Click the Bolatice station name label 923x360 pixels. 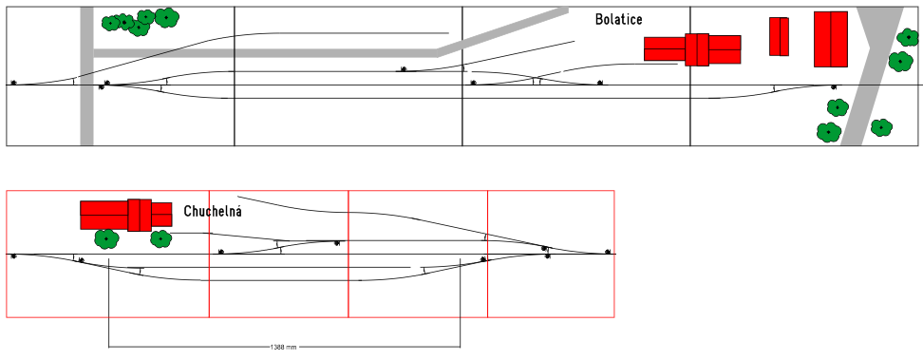point(619,19)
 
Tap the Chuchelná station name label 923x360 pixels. point(213,211)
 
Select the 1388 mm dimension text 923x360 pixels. point(283,348)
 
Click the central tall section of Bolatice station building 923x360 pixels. point(697,49)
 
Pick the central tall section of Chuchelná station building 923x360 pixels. point(140,215)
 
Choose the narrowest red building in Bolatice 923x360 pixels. point(779,36)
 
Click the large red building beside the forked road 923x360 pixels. point(831,39)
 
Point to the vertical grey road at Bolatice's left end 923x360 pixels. point(86,76)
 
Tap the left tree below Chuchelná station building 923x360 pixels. point(106,238)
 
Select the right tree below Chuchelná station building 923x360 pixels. point(160,238)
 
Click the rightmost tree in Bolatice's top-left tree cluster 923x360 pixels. point(166,17)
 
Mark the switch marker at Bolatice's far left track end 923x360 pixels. point(13,83)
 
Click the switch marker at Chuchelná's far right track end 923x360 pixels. point(608,252)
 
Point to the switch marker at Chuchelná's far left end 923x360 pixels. point(13,256)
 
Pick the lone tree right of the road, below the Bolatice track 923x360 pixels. point(881,127)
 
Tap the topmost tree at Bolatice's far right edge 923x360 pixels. point(908,37)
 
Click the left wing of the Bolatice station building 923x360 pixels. point(665,48)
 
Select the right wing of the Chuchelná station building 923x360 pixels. point(161,215)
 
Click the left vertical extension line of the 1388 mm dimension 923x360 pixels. point(109,307)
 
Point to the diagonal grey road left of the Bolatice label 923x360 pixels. point(502,31)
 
